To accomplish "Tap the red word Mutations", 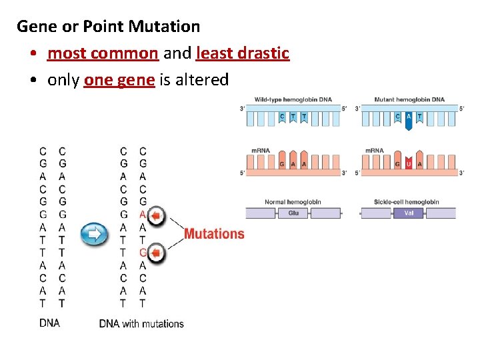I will pyautogui.click(x=214, y=234).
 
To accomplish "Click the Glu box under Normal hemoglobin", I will pyautogui.click(x=293, y=213).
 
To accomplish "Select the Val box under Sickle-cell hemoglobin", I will pyautogui.click(x=409, y=213).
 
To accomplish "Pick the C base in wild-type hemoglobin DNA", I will pyautogui.click(x=282, y=117).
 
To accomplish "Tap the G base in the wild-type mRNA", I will pyautogui.click(x=282, y=164).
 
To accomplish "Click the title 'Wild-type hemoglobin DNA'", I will pyautogui.click(x=293, y=99).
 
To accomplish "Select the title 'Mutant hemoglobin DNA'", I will pyautogui.click(x=409, y=99).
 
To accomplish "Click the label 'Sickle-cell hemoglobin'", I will pyautogui.click(x=407, y=202).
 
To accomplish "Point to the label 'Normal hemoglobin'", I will pyautogui.click(x=293, y=202).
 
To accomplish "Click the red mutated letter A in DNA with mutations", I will pyautogui.click(x=143, y=215).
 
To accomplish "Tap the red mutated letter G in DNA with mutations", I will pyautogui.click(x=143, y=253).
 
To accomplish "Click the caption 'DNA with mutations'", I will pyautogui.click(x=141, y=324).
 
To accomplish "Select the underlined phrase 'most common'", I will pyautogui.click(x=103, y=53).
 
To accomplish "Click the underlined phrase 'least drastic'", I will pyautogui.click(x=243, y=53).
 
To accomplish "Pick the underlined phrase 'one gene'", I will pyautogui.click(x=119, y=80).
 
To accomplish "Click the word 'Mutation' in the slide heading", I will pyautogui.click(x=164, y=27).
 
